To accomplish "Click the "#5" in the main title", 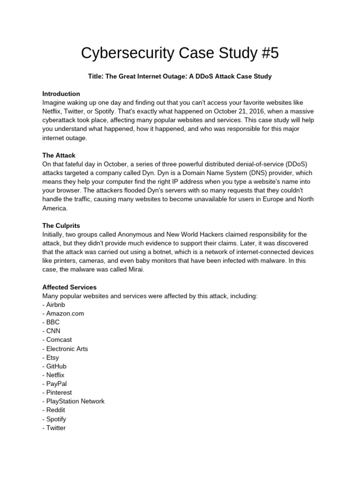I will (x=268, y=53).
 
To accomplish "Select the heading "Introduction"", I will (x=61, y=94).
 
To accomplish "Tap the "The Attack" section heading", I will (x=59, y=155).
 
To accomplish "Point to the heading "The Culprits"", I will (x=61, y=225).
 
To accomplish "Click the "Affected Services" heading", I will (x=69, y=287).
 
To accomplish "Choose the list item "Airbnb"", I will (x=56, y=305).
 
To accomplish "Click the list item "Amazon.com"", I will (x=65, y=314).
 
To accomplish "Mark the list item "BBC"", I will (x=53, y=322).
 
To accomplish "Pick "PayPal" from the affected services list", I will (x=56, y=384).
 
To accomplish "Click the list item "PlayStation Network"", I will (x=75, y=401).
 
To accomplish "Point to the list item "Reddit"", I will (x=56, y=410).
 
